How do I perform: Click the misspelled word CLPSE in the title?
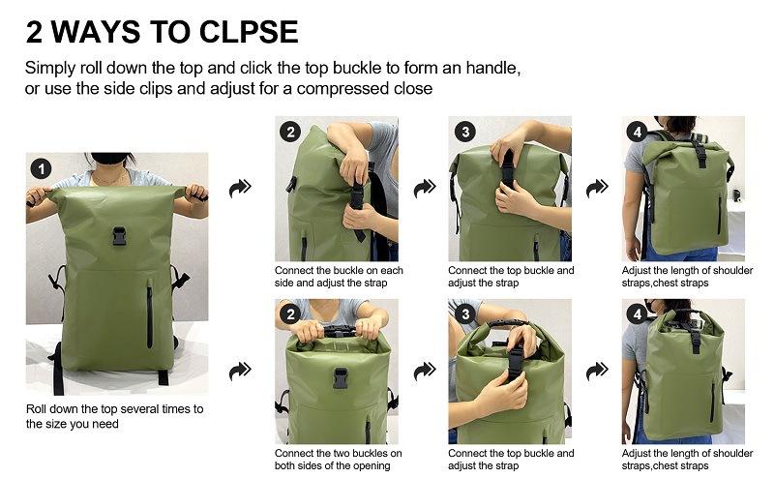pos(249,32)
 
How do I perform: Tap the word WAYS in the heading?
pos(96,32)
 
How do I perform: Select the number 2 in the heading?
pos(34,32)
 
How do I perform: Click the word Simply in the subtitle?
pos(50,69)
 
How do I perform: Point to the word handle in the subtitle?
pos(492,68)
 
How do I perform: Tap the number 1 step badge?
pos(41,169)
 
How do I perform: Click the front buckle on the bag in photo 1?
pos(119,236)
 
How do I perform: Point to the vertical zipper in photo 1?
pos(150,314)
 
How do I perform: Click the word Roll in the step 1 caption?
pos(36,409)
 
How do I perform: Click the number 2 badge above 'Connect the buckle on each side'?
pos(290,132)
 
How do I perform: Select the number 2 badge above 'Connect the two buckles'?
pos(290,314)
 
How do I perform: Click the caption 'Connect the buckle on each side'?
pos(339,277)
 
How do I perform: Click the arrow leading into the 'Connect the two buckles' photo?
pos(240,371)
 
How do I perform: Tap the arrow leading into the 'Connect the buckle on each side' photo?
pos(240,188)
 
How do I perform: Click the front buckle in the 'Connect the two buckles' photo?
pos(341,377)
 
